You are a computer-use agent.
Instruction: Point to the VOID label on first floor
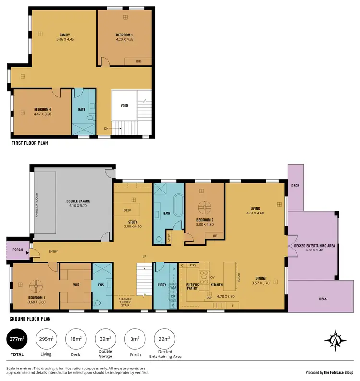coord(124,106)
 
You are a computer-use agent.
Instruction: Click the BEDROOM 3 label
coord(124,36)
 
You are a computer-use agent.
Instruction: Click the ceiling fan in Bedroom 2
coord(205,207)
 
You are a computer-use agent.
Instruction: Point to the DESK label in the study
coord(128,210)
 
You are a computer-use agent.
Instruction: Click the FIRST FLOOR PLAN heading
coord(29,143)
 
